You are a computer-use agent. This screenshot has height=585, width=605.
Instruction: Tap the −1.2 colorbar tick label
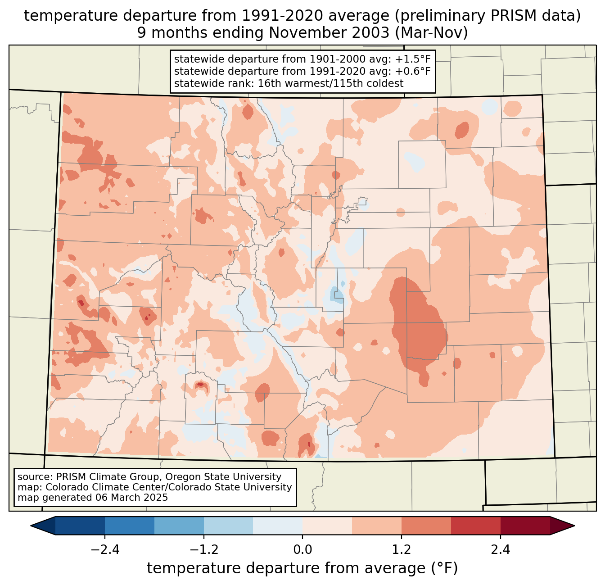point(204,550)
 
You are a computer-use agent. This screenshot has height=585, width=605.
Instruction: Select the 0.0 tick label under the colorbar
point(302,550)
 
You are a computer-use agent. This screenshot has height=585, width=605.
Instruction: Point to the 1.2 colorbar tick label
point(402,550)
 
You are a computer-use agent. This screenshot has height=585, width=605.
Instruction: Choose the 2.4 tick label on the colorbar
point(501,550)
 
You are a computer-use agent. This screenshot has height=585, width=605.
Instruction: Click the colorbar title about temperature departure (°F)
point(302,568)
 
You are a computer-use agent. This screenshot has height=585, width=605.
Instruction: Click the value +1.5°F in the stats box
point(413,59)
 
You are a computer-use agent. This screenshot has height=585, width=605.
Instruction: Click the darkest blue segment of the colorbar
point(80,526)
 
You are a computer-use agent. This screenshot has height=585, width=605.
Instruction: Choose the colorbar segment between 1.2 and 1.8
point(426,526)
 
